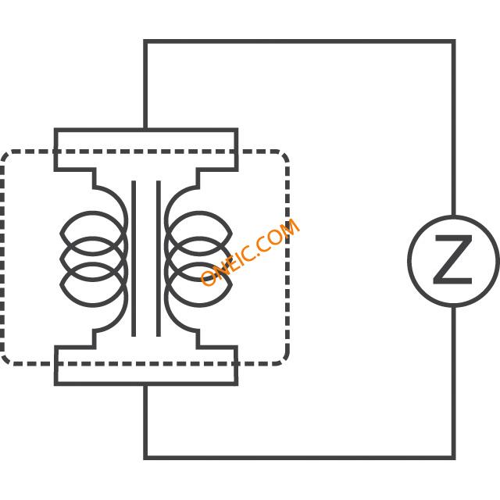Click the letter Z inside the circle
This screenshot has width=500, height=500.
(452, 260)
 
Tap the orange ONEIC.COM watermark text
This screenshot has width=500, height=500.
(250, 252)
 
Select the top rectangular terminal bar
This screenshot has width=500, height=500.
(146, 150)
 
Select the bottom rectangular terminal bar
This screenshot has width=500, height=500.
(146, 366)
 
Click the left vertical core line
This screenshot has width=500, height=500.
(134, 259)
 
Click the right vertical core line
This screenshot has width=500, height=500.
(159, 259)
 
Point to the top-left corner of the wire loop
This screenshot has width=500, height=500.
(145, 41)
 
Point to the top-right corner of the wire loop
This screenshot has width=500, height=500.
(453, 41)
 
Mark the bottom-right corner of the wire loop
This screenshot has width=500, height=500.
(453, 458)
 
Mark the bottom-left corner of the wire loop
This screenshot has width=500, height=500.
(145, 458)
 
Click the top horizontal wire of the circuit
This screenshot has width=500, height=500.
(299, 41)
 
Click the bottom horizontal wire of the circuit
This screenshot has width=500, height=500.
(299, 458)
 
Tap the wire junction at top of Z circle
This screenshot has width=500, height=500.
(453, 216)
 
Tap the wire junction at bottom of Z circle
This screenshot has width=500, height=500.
(453, 306)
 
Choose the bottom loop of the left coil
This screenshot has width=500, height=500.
(92, 305)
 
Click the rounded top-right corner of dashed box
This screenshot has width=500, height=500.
(284, 155)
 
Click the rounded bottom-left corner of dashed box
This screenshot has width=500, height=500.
(5, 359)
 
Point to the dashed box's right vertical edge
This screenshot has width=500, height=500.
(287, 258)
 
